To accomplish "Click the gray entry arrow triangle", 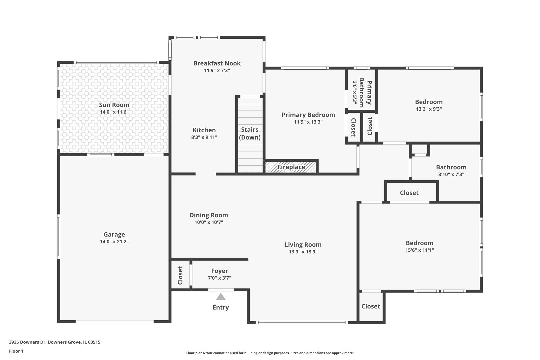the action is tap(221, 297).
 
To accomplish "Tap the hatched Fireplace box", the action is tap(291, 167).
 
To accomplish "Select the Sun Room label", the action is tap(114, 105).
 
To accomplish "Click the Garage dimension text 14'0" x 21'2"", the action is tap(114, 242).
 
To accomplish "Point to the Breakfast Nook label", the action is tap(217, 63).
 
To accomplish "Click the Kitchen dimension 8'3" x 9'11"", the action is tap(204, 137).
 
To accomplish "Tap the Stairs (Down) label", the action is tap(250, 133).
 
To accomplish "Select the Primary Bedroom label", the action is tap(308, 115).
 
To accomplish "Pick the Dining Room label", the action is tap(209, 215).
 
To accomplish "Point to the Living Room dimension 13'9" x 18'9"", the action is tap(303, 252).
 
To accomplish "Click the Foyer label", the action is tap(220, 271).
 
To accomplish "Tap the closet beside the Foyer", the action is tap(180, 275).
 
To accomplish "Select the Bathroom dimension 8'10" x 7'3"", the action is tap(451, 174).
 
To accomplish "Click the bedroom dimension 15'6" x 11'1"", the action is tap(419, 250).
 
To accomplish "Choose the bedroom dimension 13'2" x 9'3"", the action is tap(429, 109).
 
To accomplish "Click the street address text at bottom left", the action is tap(55, 342).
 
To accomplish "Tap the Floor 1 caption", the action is tap(16, 351).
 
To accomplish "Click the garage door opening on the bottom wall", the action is tap(115, 321).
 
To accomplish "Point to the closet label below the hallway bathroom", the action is tap(409, 193).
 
